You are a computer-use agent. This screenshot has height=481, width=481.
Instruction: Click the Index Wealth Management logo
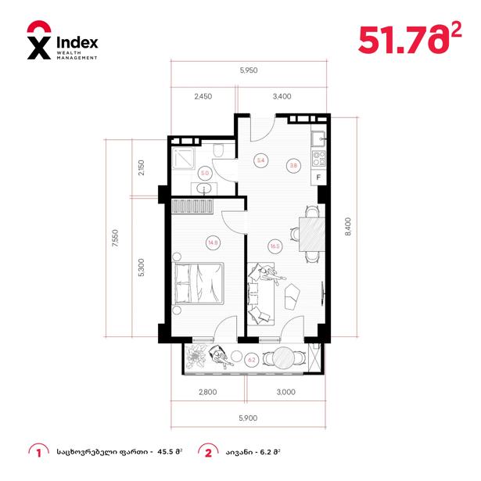pos(63,40)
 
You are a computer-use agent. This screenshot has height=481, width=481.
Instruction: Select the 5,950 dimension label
pos(249,70)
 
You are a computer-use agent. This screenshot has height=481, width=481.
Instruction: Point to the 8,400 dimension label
pos(348,226)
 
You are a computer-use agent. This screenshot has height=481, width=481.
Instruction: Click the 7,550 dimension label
pos(115,239)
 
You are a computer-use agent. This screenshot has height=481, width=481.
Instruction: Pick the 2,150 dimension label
pos(141,167)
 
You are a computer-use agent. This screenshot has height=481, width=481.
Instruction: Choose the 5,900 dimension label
pos(248,418)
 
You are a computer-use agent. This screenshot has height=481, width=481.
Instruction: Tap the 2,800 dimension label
pos(208,392)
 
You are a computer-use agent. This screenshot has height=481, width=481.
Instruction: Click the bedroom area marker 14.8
pos(213,242)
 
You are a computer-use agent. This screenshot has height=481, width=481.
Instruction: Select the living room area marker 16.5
pos(275,246)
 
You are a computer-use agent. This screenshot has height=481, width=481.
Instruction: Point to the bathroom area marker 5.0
pos(205,173)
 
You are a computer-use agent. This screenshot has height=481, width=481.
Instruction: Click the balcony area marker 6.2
pos(252,360)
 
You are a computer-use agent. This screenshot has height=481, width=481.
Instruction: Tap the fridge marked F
pos(318,178)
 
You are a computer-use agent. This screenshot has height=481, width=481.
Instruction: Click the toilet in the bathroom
pos(218,150)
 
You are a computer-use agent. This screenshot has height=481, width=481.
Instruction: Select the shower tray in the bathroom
pos(183,158)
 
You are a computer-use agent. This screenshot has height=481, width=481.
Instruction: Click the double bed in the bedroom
pos(199,283)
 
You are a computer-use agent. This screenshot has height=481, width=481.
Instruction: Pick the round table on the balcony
pos(284,359)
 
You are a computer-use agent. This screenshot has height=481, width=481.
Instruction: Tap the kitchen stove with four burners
pos(318,159)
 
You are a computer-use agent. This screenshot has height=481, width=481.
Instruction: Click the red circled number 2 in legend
pos(208,453)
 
